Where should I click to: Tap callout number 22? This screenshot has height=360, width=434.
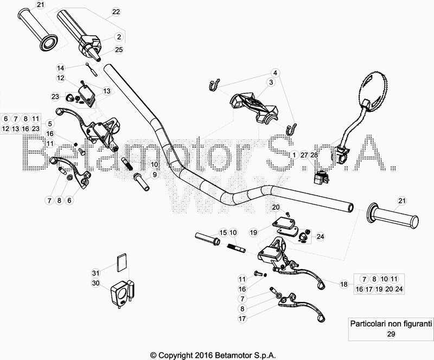[x=116, y=11]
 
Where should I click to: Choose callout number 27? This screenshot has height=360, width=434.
[x=304, y=155]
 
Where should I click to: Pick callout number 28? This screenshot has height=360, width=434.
[x=314, y=155]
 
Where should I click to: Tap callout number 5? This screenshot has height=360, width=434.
[x=50, y=123]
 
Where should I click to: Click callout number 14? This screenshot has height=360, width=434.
[x=61, y=68]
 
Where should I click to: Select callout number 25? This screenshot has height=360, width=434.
[x=119, y=49]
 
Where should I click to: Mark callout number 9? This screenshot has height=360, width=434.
[x=154, y=175]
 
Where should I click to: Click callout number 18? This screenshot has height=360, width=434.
[x=343, y=284]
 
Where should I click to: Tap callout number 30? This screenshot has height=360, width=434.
[x=95, y=283]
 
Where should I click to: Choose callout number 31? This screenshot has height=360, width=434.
[x=95, y=273]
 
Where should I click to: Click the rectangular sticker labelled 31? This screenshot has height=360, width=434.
[x=122, y=262]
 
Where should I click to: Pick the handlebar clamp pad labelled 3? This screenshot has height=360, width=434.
[x=255, y=106]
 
